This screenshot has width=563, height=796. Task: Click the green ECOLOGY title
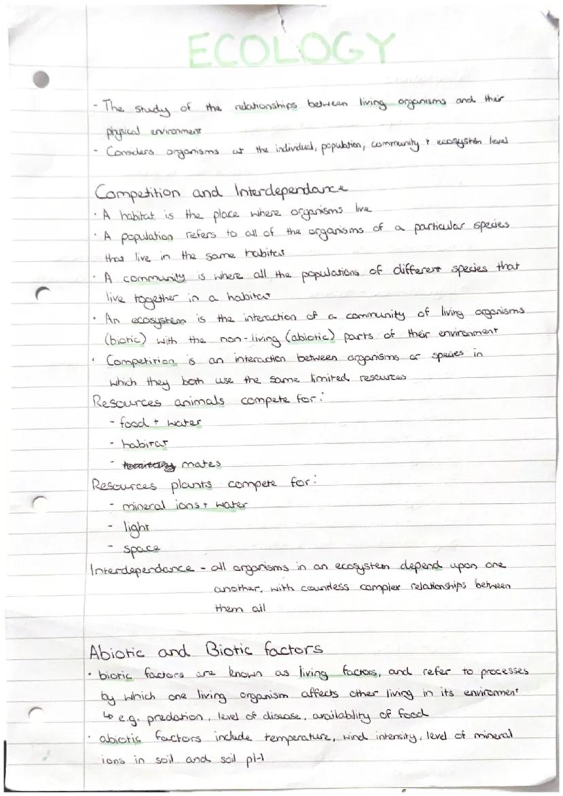(290, 49)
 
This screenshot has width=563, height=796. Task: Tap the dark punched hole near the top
(41, 79)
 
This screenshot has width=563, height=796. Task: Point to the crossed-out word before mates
(148, 465)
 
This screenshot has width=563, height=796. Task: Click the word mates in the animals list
(202, 465)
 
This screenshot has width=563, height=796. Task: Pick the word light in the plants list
(135, 527)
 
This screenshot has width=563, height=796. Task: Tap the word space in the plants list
(141, 547)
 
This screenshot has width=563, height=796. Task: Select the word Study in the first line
(151, 107)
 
